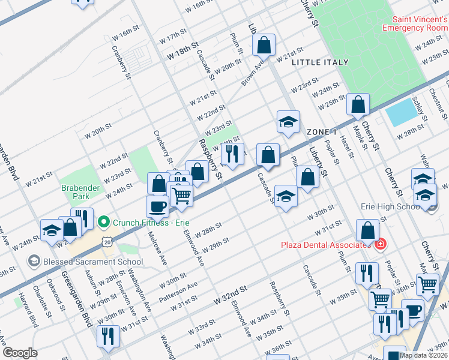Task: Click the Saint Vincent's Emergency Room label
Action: pos(415,23)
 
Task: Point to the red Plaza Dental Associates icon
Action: pos(379,244)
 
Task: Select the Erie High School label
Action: pos(390,207)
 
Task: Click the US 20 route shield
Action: pos(107,241)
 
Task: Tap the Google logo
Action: pos(20,353)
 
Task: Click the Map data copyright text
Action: pos(423,355)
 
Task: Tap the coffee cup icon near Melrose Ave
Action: pos(158,206)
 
